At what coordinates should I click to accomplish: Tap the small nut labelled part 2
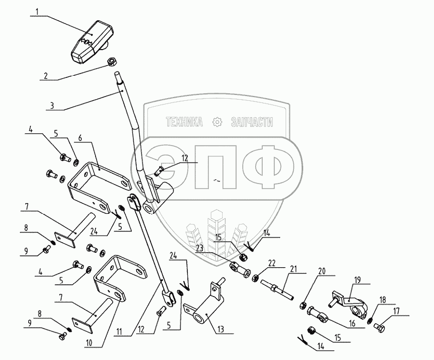tap(113, 62)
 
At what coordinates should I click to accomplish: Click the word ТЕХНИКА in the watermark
tap(185, 123)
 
